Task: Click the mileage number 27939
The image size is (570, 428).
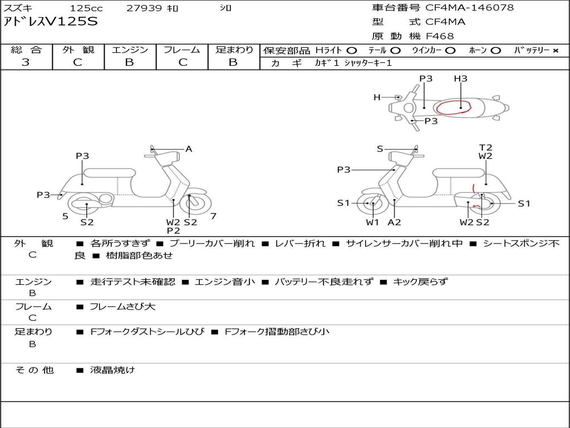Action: click(144, 8)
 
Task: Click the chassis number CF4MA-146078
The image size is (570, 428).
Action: click(469, 8)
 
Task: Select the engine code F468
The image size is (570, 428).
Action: click(440, 36)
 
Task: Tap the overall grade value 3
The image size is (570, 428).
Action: click(26, 62)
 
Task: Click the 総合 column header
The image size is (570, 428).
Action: click(26, 50)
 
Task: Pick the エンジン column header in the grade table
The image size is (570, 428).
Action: click(130, 50)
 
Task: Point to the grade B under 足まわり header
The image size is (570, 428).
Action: click(233, 62)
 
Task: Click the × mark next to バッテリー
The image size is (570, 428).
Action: click(555, 50)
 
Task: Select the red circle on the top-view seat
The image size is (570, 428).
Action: click(453, 107)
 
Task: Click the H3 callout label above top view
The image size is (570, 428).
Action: click(460, 79)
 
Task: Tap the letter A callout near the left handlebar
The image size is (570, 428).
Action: click(189, 149)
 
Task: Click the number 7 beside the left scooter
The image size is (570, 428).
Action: click(213, 216)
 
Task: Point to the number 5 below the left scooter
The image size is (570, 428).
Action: click(65, 216)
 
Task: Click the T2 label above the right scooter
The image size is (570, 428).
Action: click(485, 148)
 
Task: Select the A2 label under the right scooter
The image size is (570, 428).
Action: click(394, 222)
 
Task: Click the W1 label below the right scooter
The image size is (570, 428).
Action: click(372, 222)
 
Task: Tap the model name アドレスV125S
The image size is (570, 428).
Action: click(51, 22)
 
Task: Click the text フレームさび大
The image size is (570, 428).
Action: click(122, 307)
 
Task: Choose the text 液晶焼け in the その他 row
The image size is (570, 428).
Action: click(112, 369)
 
